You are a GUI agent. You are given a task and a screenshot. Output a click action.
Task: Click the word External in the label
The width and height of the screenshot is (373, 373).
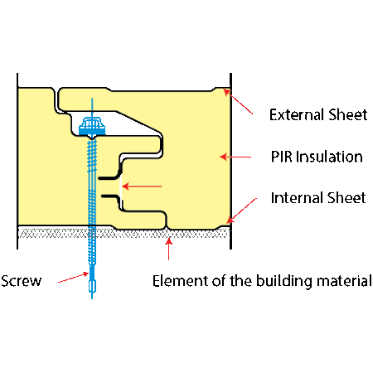[293, 114]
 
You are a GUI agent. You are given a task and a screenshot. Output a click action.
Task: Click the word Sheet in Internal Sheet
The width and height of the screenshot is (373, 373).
[342, 198]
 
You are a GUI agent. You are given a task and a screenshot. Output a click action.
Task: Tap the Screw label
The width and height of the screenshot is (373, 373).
[21, 281]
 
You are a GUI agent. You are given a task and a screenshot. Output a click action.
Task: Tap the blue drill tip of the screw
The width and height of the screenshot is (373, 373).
[92, 287]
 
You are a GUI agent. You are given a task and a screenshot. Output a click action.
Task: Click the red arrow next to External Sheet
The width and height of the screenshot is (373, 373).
[238, 101]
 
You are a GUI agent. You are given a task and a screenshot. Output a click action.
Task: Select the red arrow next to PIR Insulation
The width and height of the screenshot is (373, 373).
[235, 157]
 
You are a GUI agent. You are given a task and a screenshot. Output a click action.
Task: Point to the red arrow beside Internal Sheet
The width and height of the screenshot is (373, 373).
[241, 211]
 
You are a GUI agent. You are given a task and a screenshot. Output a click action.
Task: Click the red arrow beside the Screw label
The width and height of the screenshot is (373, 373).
[74, 278]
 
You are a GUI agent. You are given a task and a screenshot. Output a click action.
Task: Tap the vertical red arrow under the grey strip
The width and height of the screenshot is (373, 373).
[169, 249]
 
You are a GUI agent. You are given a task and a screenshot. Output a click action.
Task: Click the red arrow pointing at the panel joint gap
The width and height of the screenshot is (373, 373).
[142, 186]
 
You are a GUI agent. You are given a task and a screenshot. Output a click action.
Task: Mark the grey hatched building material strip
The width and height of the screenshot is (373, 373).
[124, 233]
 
